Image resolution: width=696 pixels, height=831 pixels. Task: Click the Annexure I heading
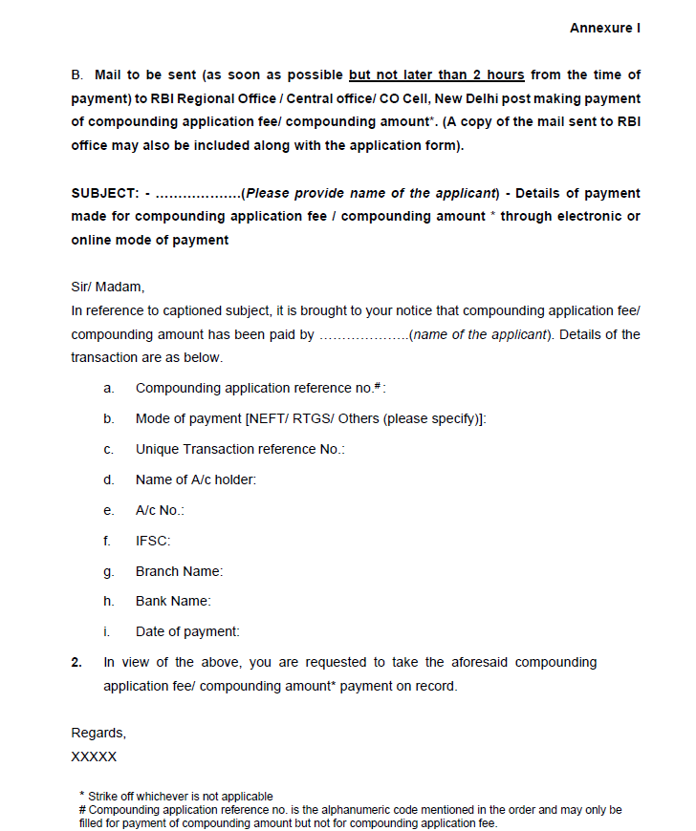click(x=604, y=28)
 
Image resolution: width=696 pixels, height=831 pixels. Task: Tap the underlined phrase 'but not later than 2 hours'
click(x=437, y=75)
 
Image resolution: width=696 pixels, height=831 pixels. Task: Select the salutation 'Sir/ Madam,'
click(x=107, y=287)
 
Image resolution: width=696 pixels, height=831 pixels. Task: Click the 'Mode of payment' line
click(x=311, y=418)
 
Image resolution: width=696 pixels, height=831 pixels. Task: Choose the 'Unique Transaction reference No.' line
click(x=240, y=449)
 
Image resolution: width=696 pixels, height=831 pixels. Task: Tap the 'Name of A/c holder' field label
click(x=196, y=479)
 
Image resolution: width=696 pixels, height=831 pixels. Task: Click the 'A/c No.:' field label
click(x=160, y=510)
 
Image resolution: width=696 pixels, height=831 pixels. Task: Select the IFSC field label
click(x=153, y=541)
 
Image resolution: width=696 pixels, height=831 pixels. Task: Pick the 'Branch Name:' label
click(x=179, y=571)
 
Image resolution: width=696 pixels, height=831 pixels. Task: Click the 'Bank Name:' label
click(x=173, y=601)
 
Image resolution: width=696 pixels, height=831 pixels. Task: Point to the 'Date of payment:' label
click(x=187, y=631)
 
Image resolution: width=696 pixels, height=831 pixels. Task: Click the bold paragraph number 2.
click(x=76, y=662)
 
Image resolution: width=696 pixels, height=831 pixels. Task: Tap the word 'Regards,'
click(x=98, y=733)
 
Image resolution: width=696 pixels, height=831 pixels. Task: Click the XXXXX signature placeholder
click(x=94, y=756)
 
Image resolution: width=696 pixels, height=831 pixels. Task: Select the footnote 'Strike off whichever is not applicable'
click(x=181, y=796)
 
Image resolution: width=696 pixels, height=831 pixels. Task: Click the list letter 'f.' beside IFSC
click(x=107, y=541)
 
